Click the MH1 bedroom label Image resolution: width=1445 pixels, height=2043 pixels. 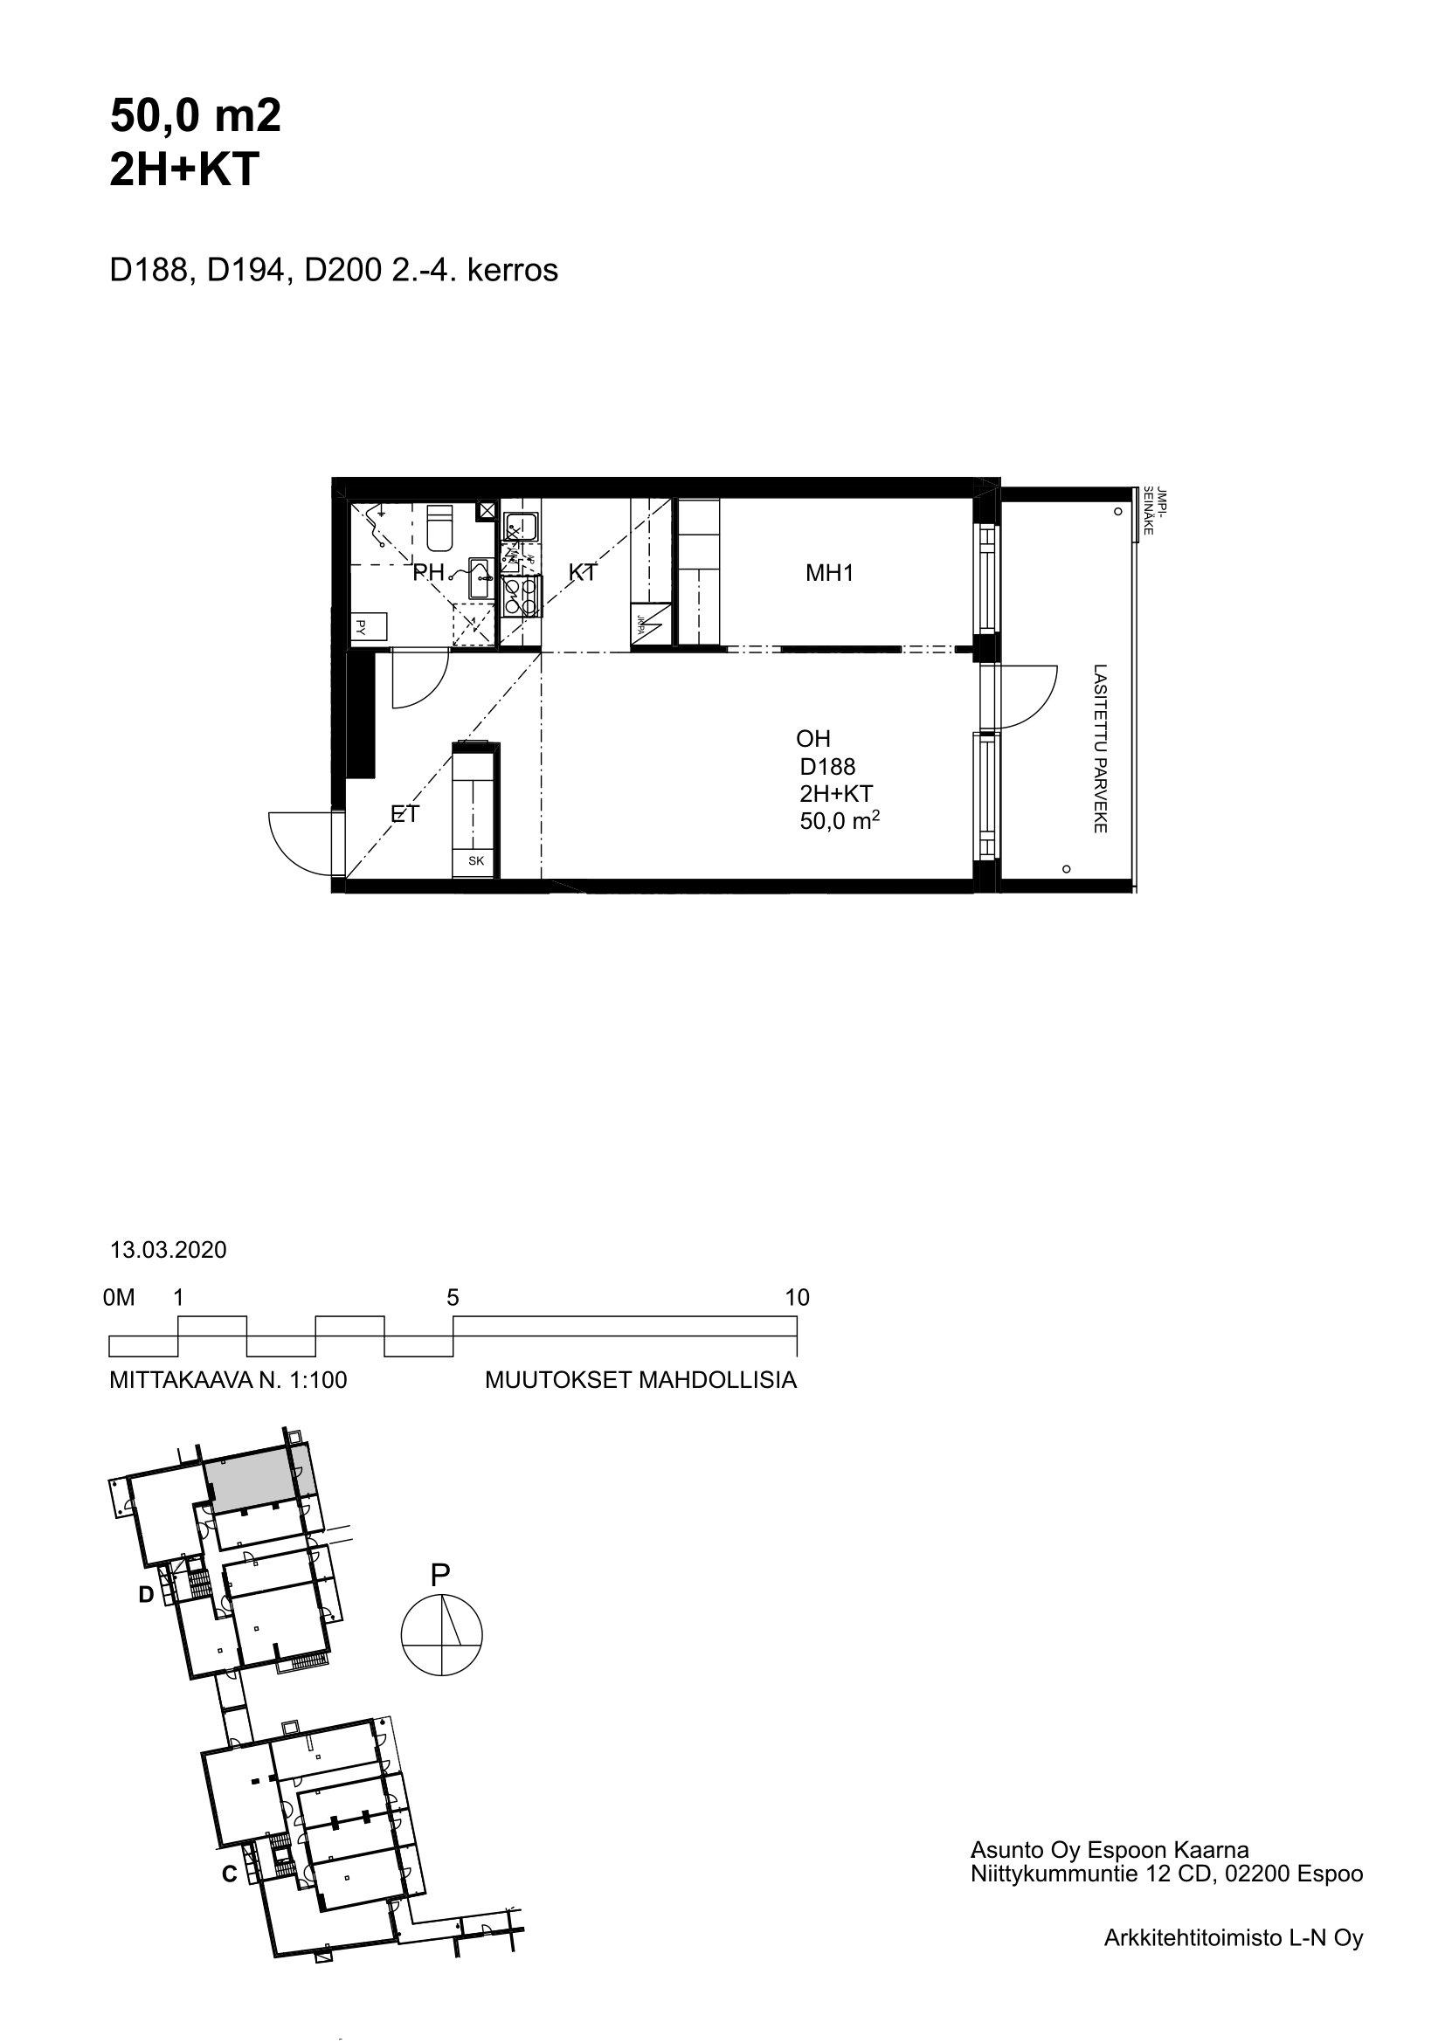coord(829,573)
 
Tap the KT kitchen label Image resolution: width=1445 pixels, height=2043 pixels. coord(582,573)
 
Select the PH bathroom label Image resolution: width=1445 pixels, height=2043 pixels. coord(429,573)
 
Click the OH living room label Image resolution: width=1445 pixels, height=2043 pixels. coord(813,739)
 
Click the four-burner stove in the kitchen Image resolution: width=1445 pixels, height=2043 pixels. coord(521,597)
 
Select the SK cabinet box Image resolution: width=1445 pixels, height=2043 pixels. coord(476,861)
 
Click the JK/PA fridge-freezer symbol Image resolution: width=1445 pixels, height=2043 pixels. coord(646,626)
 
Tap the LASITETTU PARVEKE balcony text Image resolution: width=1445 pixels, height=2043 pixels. coord(1100,749)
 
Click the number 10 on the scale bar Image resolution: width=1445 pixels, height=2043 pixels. coord(798,1297)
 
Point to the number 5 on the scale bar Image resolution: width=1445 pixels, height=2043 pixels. coord(453,1297)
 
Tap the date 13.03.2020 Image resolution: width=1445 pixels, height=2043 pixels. coord(168,1250)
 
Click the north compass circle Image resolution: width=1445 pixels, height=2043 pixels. coord(442,1634)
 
